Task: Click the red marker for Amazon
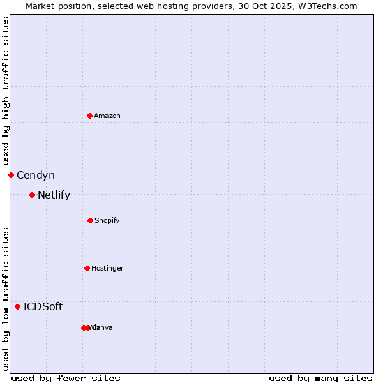[89, 116]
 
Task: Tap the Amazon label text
[107, 116]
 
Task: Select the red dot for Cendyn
[11, 175]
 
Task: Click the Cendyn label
[36, 175]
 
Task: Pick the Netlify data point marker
[32, 195]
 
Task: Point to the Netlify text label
[54, 195]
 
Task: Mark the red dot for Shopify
[90, 220]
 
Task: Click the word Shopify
[107, 220]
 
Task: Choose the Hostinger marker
[87, 268]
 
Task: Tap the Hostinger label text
[107, 268]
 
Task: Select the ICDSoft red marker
[17, 306]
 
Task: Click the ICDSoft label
[43, 306]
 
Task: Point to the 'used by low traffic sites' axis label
[6, 299]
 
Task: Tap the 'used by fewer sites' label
[66, 378]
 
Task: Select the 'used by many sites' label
[320, 378]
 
